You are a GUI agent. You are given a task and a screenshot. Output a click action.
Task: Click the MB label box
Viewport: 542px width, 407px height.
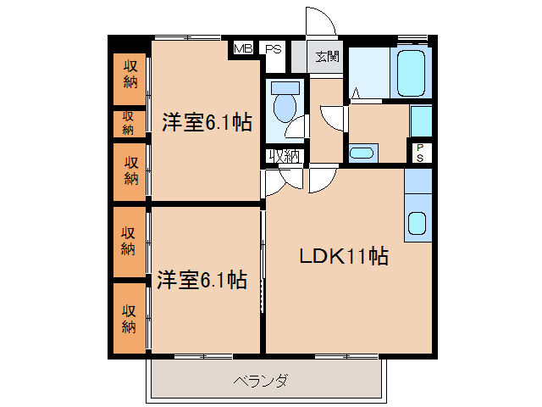[243, 48]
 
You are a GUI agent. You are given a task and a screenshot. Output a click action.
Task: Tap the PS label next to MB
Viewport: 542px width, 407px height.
[273, 48]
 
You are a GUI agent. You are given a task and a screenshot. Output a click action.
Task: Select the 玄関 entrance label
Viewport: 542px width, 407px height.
[328, 57]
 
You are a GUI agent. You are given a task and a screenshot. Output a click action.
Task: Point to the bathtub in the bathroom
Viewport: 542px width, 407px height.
[410, 74]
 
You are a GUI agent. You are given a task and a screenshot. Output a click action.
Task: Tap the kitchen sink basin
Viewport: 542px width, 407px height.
[418, 223]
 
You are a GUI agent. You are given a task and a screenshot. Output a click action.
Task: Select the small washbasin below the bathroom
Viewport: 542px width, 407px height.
[362, 153]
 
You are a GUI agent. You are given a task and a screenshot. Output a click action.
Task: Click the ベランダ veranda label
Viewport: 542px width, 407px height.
[261, 381]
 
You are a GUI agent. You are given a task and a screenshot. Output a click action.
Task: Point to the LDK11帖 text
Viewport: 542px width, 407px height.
[343, 257]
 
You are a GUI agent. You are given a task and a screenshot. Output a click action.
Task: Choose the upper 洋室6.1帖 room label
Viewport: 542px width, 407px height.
[207, 122]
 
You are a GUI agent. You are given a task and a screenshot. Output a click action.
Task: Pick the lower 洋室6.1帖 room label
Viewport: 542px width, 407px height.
[202, 280]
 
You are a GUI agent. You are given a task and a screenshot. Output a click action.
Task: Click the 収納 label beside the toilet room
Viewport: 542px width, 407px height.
[285, 155]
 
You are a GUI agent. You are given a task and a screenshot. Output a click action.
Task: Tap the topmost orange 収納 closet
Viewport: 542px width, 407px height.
[130, 75]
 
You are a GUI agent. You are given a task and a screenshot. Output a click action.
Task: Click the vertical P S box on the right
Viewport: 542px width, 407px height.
[420, 152]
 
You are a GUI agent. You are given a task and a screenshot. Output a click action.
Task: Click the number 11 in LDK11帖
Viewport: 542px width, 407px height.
[356, 257]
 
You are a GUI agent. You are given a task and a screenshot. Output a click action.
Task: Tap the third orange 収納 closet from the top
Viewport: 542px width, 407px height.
[130, 170]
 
